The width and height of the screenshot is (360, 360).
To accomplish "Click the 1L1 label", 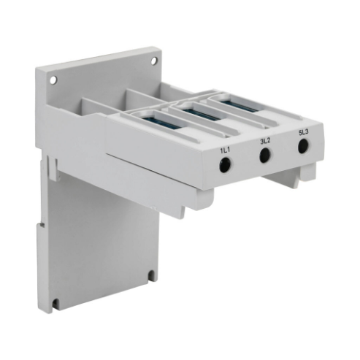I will point(226,150).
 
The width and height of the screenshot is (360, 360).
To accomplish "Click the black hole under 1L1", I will point(226,166).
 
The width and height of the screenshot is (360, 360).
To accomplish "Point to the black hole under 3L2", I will point(265,155).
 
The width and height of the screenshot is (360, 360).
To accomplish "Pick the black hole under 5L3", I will point(303,145).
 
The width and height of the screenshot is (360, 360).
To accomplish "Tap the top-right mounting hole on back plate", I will point(154,61).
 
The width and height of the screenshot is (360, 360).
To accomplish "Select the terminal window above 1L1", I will point(154,116).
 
